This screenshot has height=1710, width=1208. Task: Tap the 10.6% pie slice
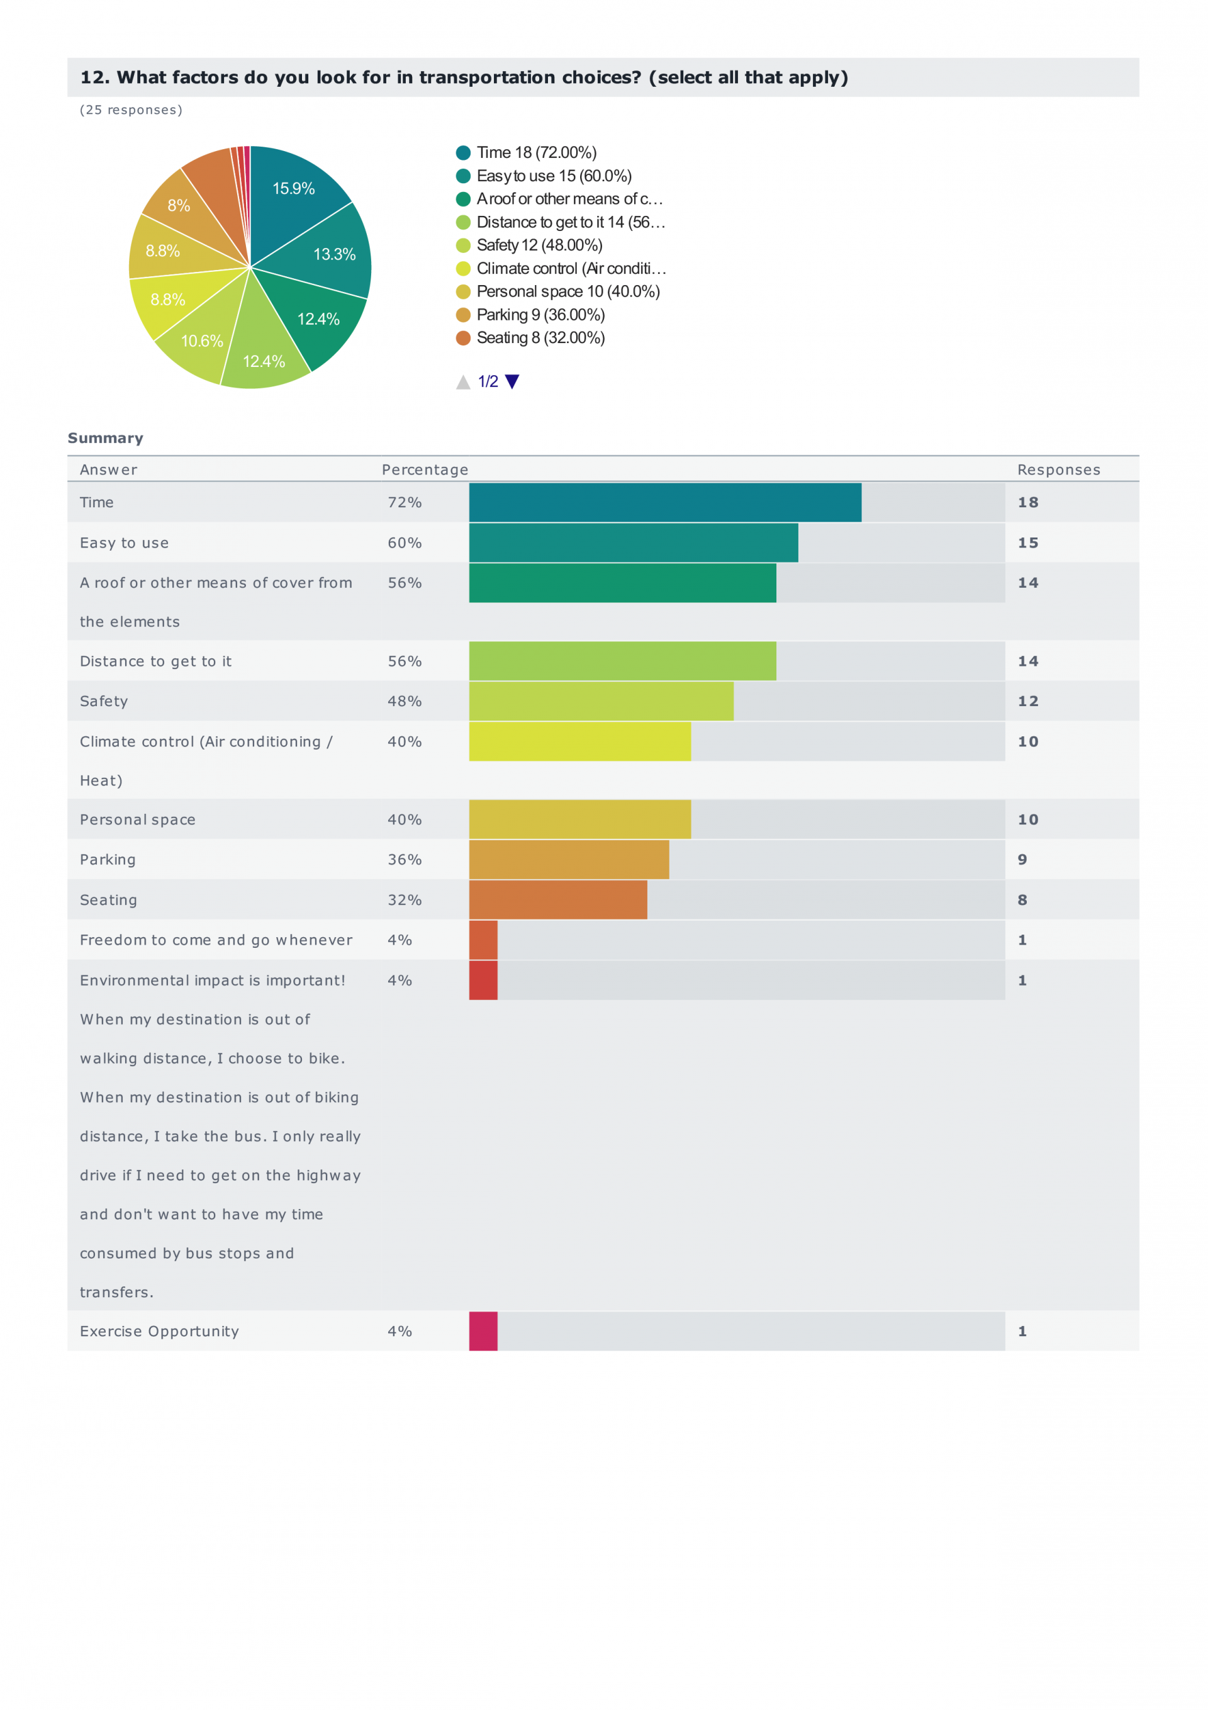[203, 337]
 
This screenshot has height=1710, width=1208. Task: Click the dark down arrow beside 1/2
[512, 381]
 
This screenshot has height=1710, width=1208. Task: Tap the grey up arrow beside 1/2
[462, 382]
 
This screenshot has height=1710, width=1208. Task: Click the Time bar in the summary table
[664, 502]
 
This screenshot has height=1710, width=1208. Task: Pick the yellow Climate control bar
[579, 741]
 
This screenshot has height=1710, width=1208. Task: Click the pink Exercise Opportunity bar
[483, 1331]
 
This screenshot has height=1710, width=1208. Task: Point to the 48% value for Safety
[405, 701]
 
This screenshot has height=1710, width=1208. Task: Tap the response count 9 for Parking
[1022, 860]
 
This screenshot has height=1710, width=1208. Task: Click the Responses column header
[1058, 470]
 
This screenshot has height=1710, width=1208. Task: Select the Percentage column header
[425, 470]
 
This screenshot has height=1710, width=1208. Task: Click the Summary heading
[105, 438]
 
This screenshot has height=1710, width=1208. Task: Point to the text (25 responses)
[131, 110]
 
